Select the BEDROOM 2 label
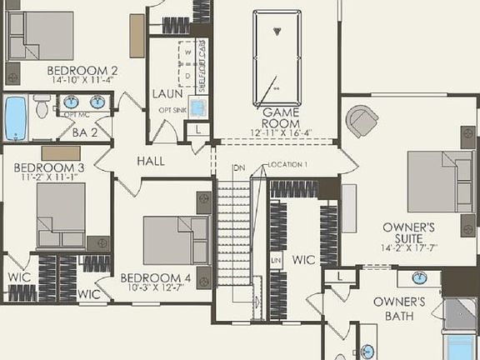click(x=82, y=70)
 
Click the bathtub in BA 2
click(x=15, y=119)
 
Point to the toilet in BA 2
click(x=42, y=107)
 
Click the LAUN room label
click(x=167, y=94)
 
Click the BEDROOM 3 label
click(x=48, y=167)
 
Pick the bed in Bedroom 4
click(x=173, y=241)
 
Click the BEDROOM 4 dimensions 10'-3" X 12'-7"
click(x=157, y=287)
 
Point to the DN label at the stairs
click(x=239, y=168)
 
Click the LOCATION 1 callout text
click(x=287, y=165)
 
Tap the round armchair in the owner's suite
click(x=362, y=122)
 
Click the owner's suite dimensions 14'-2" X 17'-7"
click(x=408, y=247)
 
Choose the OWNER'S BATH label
click(x=399, y=307)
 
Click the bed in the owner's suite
click(x=439, y=182)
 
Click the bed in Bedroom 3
click(x=61, y=215)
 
